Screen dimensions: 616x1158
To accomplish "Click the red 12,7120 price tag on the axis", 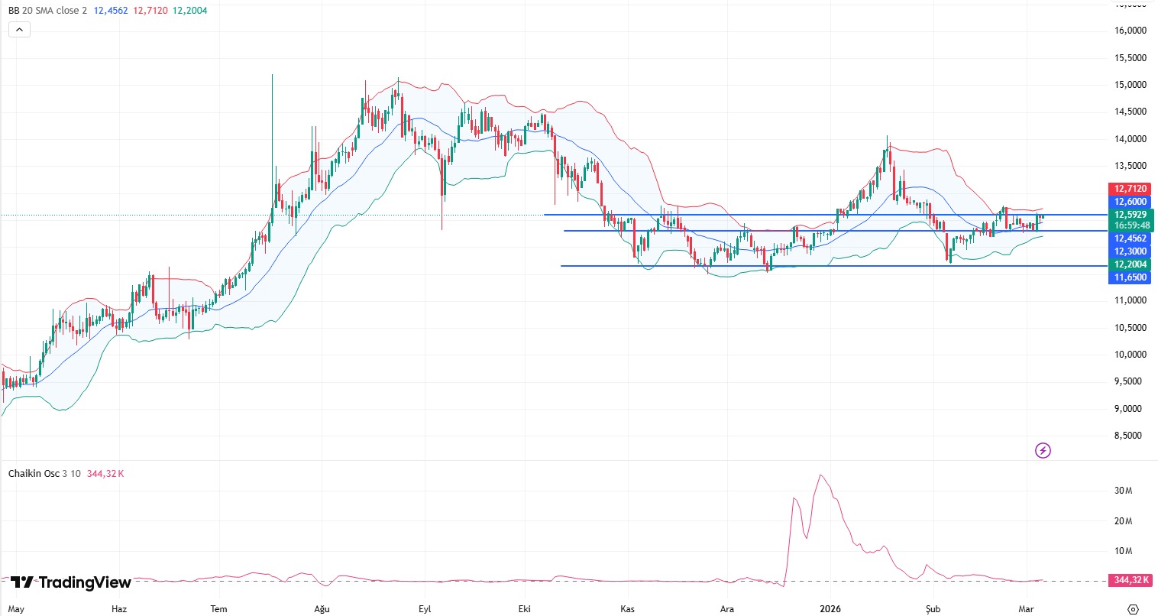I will (x=1131, y=189).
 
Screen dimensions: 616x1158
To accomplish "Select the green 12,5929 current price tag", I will (x=1131, y=215).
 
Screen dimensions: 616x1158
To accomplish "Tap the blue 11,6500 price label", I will (x=1131, y=277).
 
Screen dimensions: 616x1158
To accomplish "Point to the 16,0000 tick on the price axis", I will (x=1131, y=31).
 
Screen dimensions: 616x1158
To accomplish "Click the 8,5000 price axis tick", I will (x=1131, y=436).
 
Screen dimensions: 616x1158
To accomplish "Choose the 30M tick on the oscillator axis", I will (x=1123, y=491).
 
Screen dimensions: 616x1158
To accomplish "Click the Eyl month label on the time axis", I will (x=425, y=609).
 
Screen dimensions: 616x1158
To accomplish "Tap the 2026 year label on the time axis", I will (x=830, y=609).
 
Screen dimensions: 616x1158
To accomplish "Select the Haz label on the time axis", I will (x=119, y=609).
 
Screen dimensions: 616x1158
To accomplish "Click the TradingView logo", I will (x=71, y=582).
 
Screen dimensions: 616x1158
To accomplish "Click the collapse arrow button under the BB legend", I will (x=19, y=30).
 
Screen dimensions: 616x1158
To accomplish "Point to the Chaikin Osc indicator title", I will (x=34, y=474).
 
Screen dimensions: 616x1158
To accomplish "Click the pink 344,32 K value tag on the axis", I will (x=1131, y=580).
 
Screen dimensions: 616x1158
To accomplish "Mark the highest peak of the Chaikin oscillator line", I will (x=821, y=475).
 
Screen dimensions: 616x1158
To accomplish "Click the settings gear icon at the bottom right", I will (x=1133, y=609).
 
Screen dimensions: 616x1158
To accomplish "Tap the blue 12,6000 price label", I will (x=1131, y=202).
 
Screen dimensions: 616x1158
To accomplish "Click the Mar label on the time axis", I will (x=1027, y=609).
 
